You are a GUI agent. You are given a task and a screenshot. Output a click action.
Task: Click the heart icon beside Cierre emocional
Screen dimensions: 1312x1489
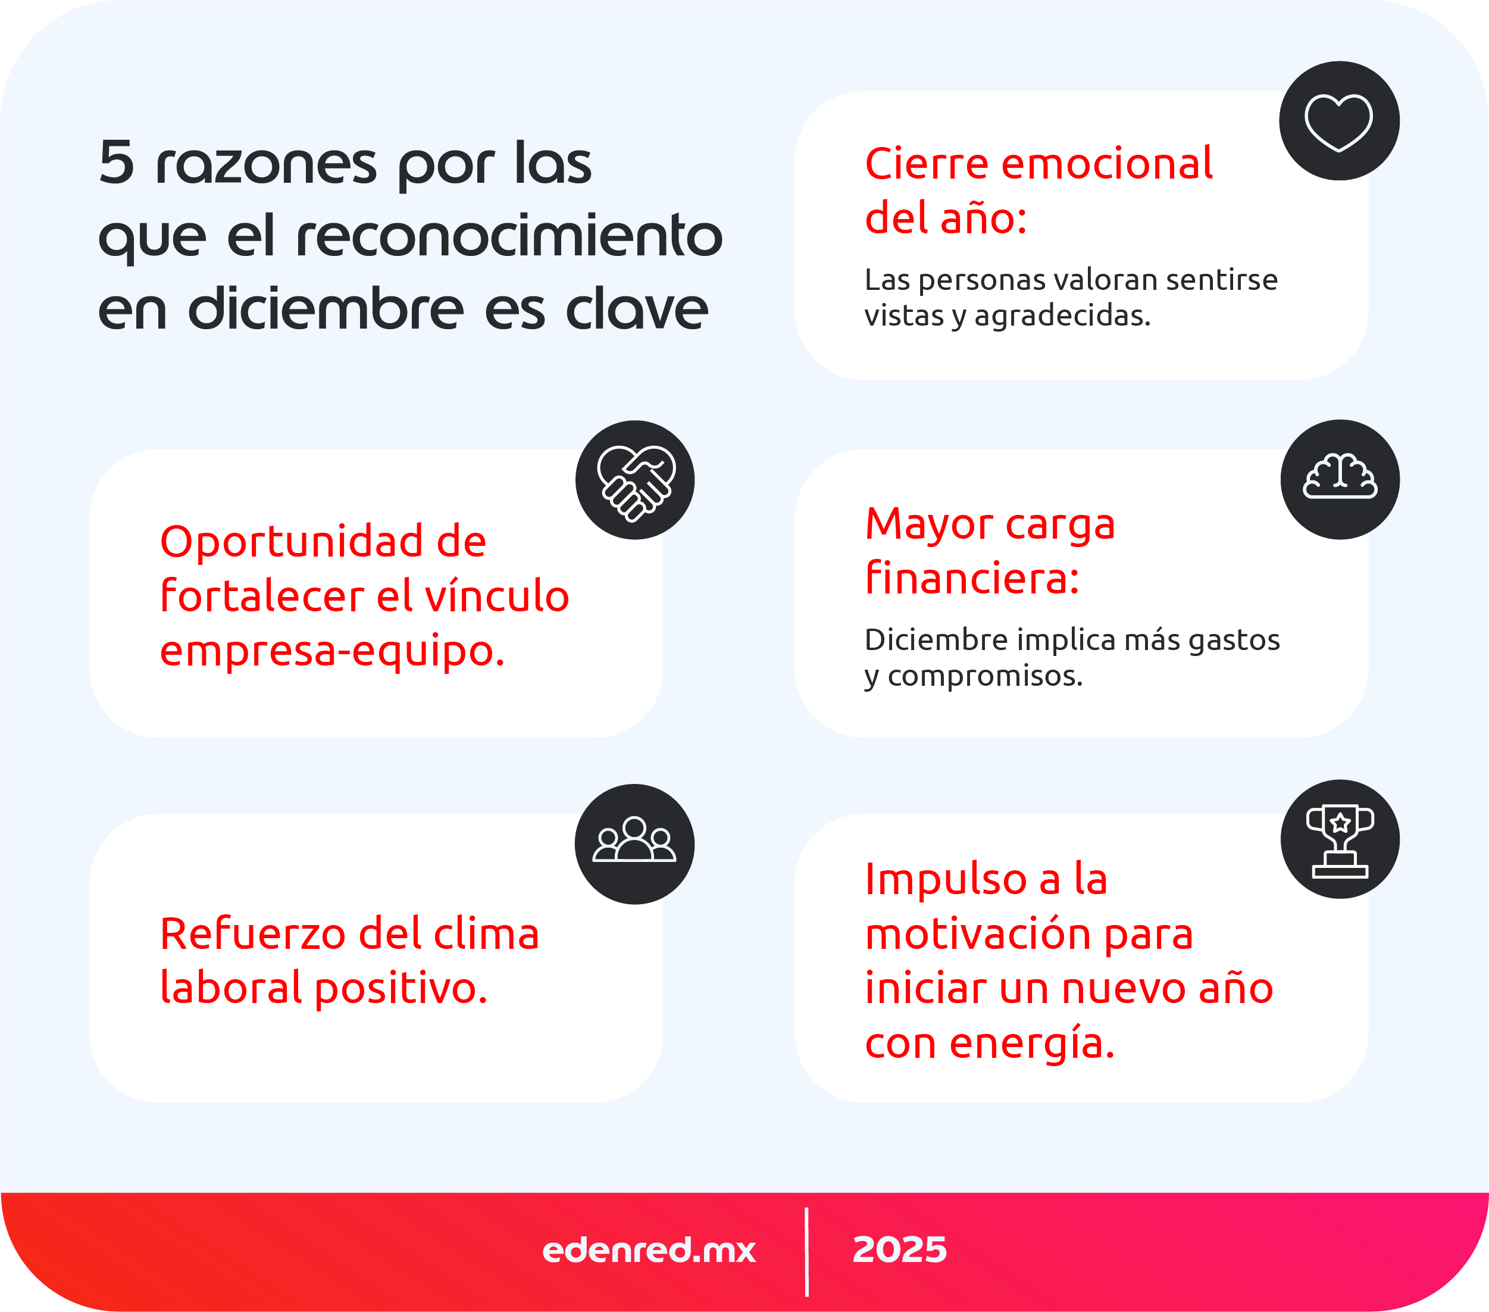(x=1339, y=121)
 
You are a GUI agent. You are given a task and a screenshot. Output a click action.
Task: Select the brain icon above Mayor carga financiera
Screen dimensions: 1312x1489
(x=1340, y=479)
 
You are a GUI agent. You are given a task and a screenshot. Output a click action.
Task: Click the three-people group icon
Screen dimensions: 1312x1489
(x=634, y=843)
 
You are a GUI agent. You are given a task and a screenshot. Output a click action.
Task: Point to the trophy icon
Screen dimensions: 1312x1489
(x=1340, y=840)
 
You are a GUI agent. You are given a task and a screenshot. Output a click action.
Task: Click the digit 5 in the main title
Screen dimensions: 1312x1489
(x=117, y=163)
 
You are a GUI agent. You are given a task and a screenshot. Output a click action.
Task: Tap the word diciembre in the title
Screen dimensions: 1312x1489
(x=326, y=309)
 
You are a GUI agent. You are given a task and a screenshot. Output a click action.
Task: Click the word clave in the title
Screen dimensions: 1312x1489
(x=637, y=309)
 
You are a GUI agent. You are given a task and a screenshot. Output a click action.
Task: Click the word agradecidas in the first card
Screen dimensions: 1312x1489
(x=1062, y=315)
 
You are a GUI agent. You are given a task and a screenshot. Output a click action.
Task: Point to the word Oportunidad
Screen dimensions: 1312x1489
(x=290, y=541)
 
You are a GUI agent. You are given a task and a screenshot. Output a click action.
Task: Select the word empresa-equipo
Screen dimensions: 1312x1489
(x=332, y=651)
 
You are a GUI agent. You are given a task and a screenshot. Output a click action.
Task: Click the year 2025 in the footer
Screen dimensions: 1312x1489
(x=900, y=1250)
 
